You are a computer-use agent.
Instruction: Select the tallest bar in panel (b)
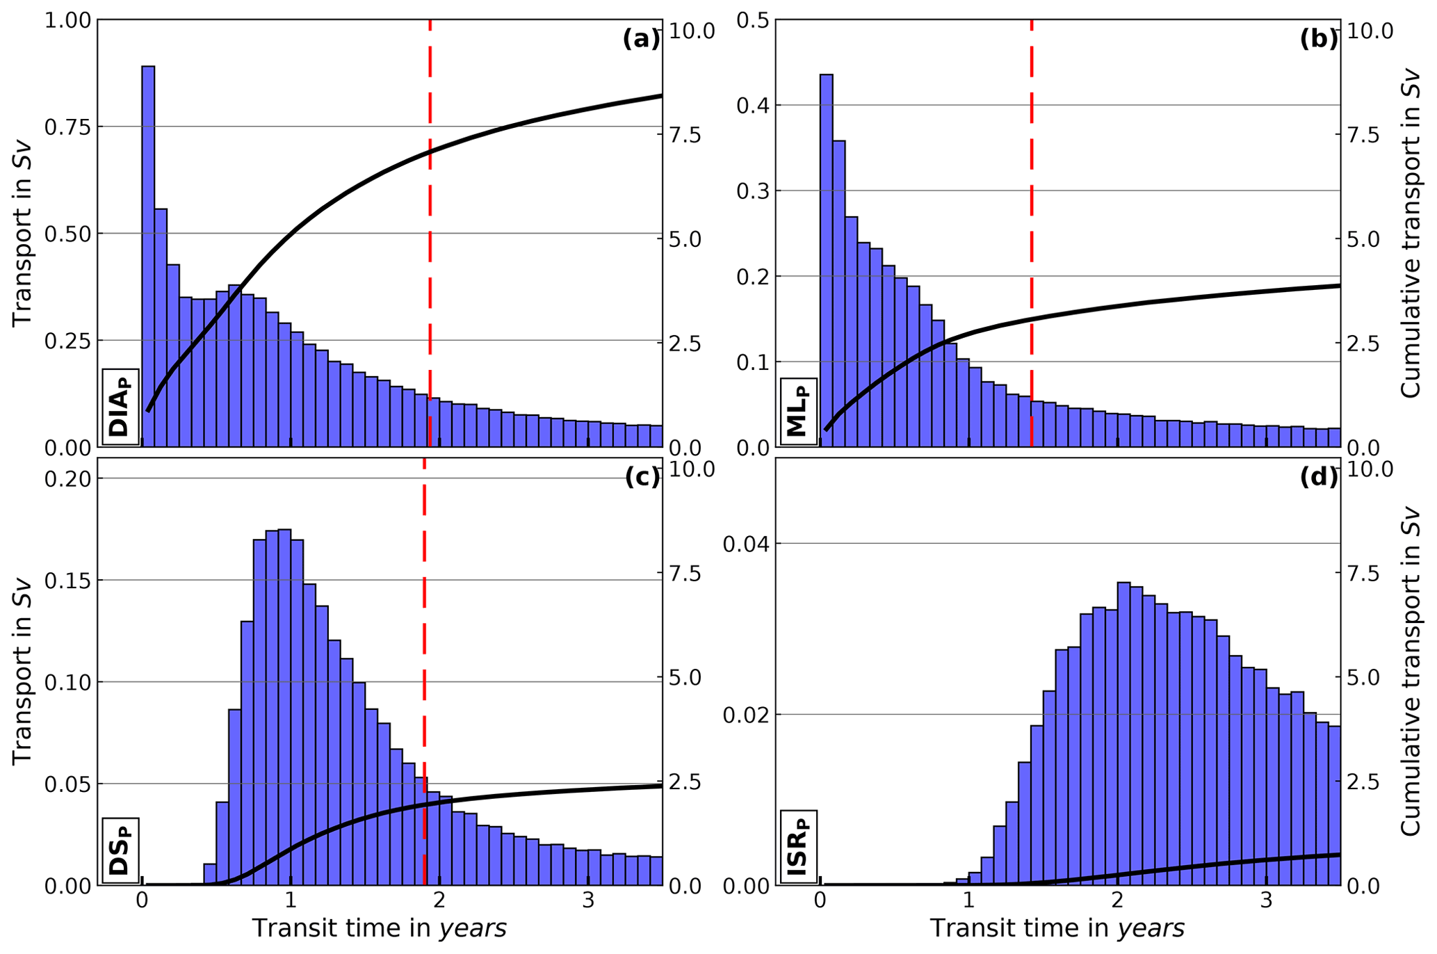pos(826,260)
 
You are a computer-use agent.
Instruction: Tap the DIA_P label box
pos(121,406)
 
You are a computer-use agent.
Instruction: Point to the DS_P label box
pos(121,850)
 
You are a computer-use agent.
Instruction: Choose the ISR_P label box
pos(799,846)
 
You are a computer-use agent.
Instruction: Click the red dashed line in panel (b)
pos(1032,209)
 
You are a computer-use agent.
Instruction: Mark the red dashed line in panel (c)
pos(424,626)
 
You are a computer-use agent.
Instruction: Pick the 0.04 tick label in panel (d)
pos(746,544)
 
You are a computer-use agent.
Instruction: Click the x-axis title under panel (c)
pos(379,929)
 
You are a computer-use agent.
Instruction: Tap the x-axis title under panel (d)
pos(1057,929)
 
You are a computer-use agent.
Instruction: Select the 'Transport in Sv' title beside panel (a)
pos(23,233)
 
